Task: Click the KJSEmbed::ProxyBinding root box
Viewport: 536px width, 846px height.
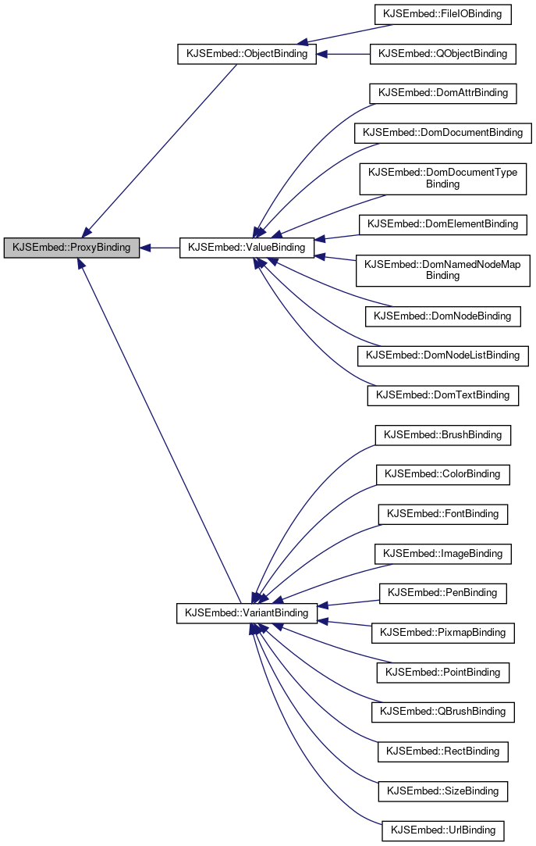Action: [x=72, y=248]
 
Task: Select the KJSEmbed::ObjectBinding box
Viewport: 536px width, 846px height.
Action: [x=247, y=55]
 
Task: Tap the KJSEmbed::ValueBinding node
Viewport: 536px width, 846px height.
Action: [x=247, y=248]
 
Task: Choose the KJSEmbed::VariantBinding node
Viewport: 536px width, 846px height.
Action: [x=247, y=612]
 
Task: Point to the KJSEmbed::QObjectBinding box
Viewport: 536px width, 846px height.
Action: [x=442, y=54]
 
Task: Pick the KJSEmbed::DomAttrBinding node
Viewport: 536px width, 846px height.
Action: [x=442, y=93]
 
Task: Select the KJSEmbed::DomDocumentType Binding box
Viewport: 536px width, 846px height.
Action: [x=442, y=178]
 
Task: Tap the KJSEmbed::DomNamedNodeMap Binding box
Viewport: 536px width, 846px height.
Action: [x=442, y=270]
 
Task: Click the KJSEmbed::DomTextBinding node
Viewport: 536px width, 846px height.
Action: [x=442, y=395]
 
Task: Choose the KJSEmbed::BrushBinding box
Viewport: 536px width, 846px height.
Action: [x=442, y=434]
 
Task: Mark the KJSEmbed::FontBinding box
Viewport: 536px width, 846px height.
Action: [x=442, y=514]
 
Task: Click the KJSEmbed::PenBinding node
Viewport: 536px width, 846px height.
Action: [x=442, y=593]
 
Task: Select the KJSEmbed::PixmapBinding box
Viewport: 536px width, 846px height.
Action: [x=442, y=633]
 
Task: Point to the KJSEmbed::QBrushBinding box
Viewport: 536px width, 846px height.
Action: [x=442, y=712]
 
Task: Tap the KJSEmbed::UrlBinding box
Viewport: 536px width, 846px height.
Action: [x=442, y=830]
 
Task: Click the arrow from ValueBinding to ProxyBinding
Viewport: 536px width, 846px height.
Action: [x=160, y=248]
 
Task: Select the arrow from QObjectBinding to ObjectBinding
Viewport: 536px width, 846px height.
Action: [x=343, y=54]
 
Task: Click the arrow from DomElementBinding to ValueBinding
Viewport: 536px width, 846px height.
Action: [x=336, y=237]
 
